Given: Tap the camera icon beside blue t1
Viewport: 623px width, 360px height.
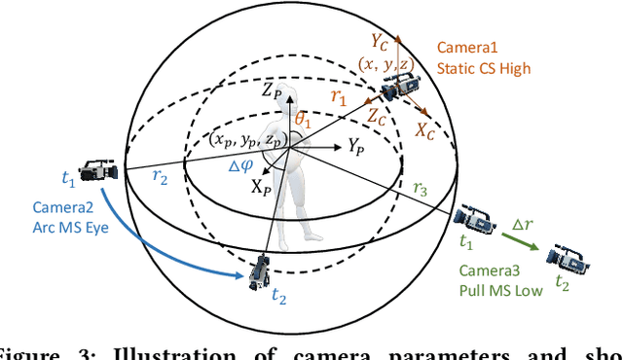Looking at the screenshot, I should [100, 173].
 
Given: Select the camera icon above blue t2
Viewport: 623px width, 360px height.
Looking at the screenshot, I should [260, 271].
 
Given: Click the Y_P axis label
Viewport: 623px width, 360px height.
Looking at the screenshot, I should [357, 145].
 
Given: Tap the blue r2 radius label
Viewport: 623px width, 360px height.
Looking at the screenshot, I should [163, 178].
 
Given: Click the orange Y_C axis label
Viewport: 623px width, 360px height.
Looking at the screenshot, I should [378, 43].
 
